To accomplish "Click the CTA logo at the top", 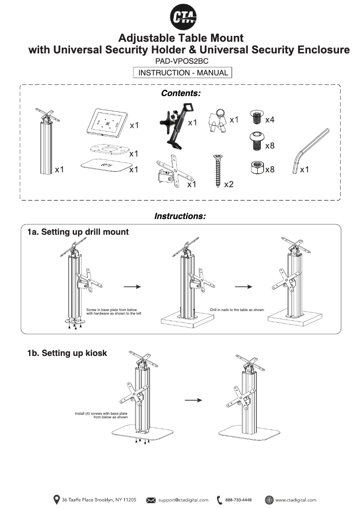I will click(x=183, y=18).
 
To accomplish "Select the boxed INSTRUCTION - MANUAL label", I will click(x=183, y=73).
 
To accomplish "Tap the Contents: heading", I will click(x=180, y=93).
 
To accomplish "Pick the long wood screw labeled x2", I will click(x=217, y=171).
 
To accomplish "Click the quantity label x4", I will click(x=270, y=120).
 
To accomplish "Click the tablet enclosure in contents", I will click(x=105, y=122).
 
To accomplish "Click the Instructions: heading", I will click(x=180, y=216).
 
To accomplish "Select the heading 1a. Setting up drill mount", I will click(x=78, y=232).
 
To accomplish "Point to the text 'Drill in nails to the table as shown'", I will click(x=237, y=310).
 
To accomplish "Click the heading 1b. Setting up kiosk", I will click(x=67, y=353).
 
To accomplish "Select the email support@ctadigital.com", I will click(x=183, y=500).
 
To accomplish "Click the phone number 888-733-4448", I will click(x=238, y=500).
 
